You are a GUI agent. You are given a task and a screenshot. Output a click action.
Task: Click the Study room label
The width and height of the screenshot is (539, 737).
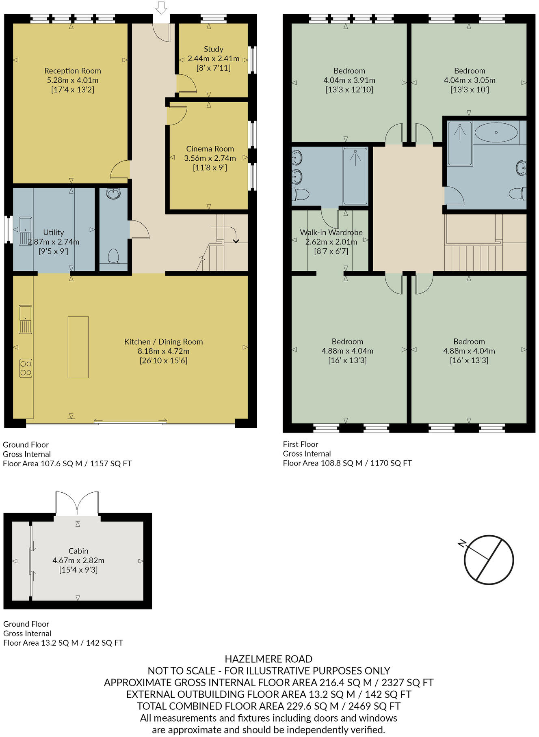213,49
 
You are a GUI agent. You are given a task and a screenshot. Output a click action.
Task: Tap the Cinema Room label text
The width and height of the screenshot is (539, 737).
210,149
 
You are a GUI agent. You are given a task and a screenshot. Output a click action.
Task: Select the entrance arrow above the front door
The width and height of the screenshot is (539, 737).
161,7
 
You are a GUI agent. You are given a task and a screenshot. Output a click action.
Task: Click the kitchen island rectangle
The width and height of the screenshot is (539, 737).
78,347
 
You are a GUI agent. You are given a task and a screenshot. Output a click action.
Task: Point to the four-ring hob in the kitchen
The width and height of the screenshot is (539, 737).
26,368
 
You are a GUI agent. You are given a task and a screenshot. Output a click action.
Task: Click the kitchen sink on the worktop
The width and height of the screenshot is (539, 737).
25,319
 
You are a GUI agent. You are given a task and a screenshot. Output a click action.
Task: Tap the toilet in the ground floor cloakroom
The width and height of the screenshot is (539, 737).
113,256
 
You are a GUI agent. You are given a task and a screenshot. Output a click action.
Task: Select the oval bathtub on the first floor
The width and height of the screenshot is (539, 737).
496,132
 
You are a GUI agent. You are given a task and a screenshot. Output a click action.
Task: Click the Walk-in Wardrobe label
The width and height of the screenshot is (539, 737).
331,232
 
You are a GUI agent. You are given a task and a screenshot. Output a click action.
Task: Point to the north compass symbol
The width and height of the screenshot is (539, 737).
488,559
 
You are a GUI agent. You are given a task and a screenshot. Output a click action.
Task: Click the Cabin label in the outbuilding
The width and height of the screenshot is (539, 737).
78,551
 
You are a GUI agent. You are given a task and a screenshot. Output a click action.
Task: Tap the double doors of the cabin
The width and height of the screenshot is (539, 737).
77,503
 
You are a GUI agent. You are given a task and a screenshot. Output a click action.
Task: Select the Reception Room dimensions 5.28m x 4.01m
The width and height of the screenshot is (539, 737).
72,80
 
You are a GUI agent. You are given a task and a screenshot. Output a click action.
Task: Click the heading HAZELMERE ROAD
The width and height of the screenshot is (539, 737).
268,659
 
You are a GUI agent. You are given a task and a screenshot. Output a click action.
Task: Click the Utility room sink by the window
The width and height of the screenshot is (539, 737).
25,231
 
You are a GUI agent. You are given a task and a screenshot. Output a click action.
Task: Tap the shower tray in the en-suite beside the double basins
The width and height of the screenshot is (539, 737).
355,176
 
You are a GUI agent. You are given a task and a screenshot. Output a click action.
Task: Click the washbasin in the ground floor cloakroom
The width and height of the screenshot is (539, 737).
113,194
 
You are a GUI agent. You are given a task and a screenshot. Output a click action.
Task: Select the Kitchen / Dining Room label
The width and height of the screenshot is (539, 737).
163,342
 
